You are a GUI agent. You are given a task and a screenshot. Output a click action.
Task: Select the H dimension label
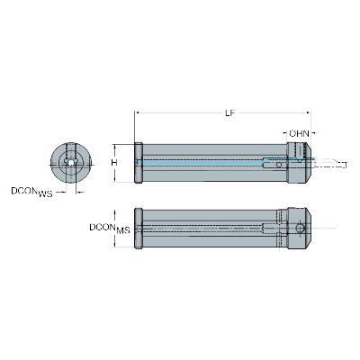click(x=113, y=163)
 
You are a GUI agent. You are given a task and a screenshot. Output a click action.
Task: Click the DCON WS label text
click(x=31, y=191)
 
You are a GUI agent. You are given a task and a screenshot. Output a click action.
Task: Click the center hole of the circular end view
click(x=69, y=163)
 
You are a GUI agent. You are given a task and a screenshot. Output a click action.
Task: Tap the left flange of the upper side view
click(x=138, y=163)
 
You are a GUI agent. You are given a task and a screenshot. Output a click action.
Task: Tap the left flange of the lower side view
click(x=138, y=229)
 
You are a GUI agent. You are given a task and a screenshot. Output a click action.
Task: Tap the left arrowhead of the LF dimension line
click(x=137, y=112)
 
